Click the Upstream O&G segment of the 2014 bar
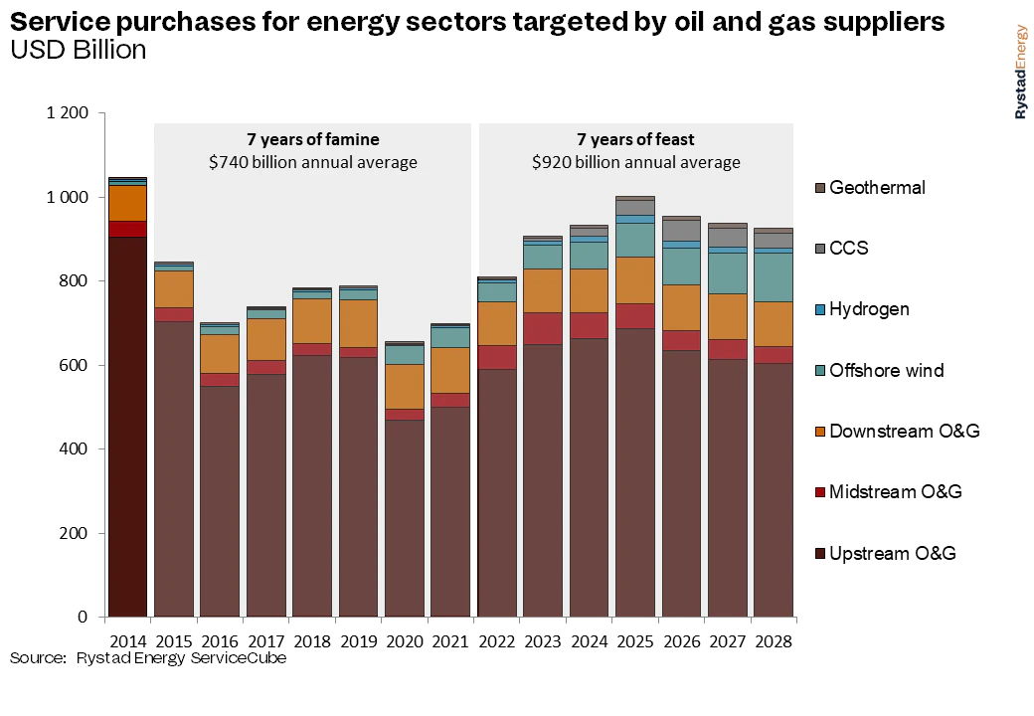127,428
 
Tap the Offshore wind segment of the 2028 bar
773,276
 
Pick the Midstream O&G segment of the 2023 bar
542,328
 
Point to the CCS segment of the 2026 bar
681,230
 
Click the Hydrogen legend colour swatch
819,309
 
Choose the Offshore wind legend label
886,370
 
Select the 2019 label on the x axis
358,641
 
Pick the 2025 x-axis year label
634,641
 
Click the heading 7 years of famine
312,139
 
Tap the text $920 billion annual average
636,162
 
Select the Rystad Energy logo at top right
1021,72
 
